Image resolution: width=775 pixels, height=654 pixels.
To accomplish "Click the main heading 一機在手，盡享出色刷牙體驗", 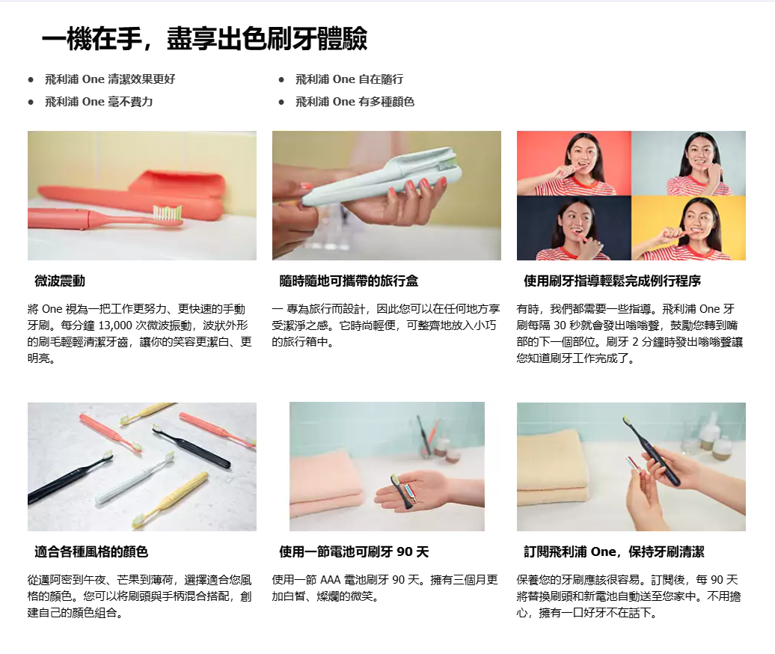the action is pyautogui.click(x=205, y=39).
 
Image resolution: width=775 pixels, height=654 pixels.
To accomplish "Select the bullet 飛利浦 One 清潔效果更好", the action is pyautogui.click(x=110, y=79).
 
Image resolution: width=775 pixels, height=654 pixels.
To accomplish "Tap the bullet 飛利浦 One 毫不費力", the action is pyautogui.click(x=99, y=101).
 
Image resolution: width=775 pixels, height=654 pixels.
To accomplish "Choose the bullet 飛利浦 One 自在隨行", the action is pyautogui.click(x=349, y=79).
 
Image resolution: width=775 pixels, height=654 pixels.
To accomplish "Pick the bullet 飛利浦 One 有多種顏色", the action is pyautogui.click(x=355, y=101).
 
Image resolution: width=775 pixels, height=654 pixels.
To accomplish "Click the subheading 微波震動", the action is pyautogui.click(x=60, y=281).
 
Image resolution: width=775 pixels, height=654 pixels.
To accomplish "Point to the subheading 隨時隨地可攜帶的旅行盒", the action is pyautogui.click(x=349, y=281).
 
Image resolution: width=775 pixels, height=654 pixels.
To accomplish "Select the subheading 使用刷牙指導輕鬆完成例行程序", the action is pyautogui.click(x=612, y=281).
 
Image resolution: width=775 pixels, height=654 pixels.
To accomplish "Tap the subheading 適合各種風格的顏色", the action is pyautogui.click(x=91, y=551).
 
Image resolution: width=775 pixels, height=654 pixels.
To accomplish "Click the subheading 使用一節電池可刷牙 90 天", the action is pyautogui.click(x=354, y=551).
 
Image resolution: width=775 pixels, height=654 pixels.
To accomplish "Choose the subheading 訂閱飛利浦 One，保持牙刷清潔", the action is pyautogui.click(x=614, y=551).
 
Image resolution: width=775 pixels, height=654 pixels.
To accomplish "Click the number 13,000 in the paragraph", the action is pyautogui.click(x=115, y=326).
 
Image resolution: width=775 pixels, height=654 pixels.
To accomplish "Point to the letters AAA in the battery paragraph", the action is pyautogui.click(x=330, y=580).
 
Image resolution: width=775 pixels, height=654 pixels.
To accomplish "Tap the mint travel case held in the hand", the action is pyautogui.click(x=382, y=176).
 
